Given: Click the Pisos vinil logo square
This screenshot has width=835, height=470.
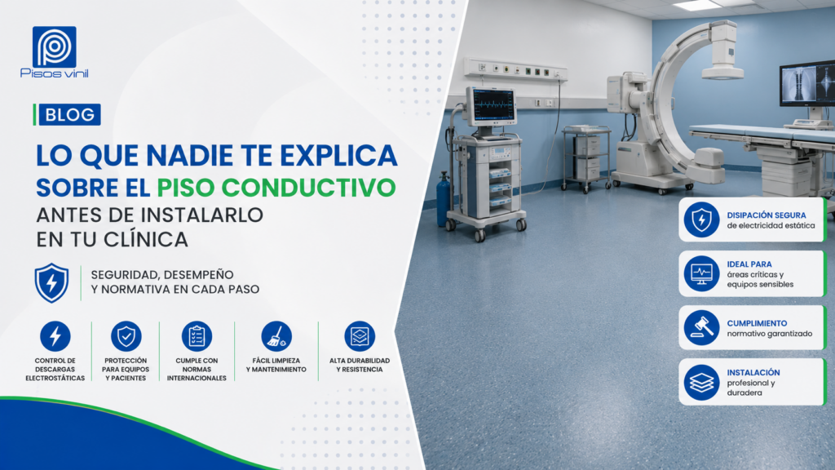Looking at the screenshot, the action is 55,47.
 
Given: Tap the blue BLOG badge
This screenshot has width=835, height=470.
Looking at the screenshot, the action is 69,114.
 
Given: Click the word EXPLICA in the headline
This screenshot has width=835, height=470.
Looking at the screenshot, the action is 338,155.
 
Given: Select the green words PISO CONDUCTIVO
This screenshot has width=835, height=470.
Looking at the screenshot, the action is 276,188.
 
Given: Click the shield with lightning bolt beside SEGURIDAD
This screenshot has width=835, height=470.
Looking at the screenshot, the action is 51,283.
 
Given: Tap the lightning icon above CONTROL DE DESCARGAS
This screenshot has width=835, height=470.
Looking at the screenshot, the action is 55,336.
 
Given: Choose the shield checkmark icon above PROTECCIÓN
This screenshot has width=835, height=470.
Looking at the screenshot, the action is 126,336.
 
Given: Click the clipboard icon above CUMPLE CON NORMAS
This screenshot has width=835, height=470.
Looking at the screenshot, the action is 197,336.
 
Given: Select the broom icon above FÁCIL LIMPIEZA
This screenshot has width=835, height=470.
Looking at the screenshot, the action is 276,336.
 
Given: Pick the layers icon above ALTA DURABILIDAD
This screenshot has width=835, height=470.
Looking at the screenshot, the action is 360,336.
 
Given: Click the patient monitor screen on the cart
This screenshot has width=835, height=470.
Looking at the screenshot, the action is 492,105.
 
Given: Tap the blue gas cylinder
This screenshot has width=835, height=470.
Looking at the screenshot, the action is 443,199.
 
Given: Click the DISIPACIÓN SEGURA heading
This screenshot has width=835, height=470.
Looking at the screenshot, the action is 767,215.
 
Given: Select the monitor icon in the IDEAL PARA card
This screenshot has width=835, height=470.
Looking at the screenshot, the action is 701,274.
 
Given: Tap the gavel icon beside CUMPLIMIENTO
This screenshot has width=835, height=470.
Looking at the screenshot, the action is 701,328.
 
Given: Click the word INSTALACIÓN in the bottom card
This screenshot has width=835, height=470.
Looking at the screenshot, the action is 753,372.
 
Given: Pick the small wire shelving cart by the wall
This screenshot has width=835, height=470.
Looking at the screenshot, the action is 586,158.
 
